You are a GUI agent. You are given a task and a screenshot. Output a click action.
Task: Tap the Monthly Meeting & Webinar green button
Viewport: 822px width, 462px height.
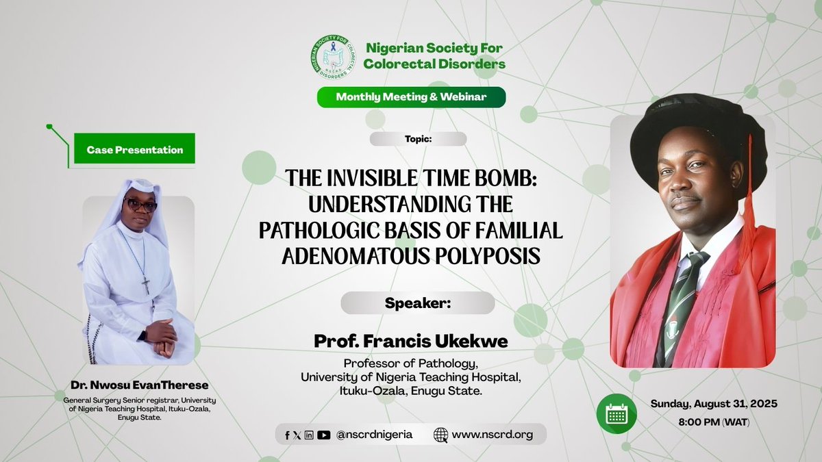[411, 97]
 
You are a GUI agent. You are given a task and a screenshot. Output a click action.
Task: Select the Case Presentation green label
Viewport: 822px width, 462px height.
[135, 150]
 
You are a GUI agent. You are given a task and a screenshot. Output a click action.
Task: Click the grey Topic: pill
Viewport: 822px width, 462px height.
[418, 139]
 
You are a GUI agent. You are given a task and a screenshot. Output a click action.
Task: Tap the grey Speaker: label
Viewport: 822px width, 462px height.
[418, 303]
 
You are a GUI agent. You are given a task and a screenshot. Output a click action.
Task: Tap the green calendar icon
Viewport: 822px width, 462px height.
[616, 414]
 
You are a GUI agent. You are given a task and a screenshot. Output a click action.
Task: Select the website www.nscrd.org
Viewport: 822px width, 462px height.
[491, 434]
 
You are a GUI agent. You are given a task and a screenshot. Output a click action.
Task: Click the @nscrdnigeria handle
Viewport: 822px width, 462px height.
[374, 434]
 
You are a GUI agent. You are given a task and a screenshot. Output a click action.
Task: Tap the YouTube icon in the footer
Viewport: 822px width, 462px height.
[324, 435]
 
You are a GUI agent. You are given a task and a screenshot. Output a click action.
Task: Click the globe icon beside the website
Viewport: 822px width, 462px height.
[441, 434]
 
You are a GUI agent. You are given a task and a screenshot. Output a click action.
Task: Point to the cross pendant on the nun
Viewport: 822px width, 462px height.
[146, 285]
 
